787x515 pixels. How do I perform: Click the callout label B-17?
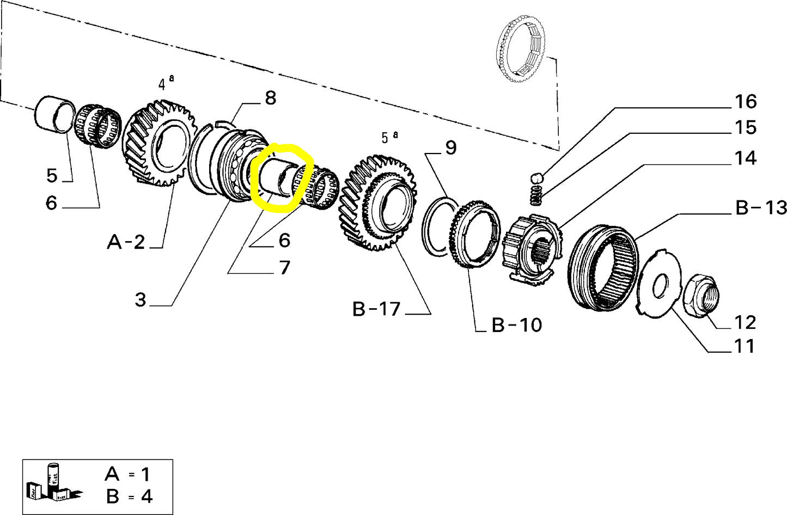tap(376, 309)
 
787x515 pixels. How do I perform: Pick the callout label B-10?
tap(516, 325)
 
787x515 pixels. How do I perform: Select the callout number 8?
tap(270, 98)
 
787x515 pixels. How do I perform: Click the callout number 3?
tap(141, 299)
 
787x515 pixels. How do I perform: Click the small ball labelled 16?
tap(536, 177)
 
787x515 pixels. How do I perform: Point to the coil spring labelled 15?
tap(537, 195)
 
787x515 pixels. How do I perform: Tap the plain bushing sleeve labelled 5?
tap(55, 114)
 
